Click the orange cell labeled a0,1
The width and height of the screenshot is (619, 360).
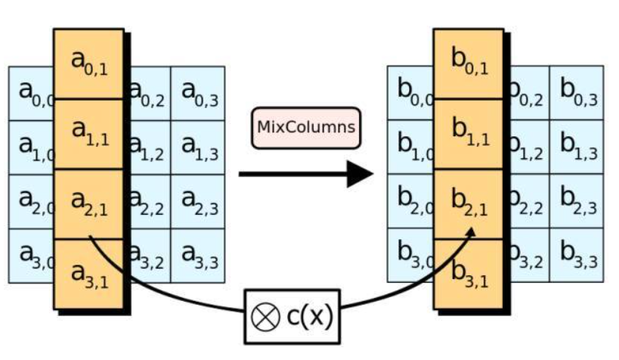[x=89, y=64]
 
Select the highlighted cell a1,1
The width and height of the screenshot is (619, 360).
[x=89, y=134]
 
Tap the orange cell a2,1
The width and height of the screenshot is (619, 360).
[x=89, y=204]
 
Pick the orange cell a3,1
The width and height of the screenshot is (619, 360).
[x=89, y=274]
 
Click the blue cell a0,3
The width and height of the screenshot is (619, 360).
[x=198, y=93]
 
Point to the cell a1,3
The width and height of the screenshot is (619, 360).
[x=198, y=147]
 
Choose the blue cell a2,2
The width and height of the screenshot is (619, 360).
[x=150, y=201]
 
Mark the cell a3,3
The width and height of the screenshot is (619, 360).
[x=198, y=256]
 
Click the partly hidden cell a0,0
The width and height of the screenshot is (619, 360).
[x=31, y=93]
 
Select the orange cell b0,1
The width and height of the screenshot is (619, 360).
[x=469, y=64]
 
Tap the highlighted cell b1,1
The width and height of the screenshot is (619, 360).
[x=469, y=134]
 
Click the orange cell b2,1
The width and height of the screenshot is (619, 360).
[x=469, y=204]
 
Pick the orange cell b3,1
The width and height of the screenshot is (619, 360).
[x=469, y=274]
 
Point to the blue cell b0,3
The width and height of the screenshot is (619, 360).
[x=577, y=93]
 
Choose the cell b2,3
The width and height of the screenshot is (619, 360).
[x=577, y=201]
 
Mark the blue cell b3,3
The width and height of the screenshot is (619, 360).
[x=577, y=255]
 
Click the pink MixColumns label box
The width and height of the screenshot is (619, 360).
[x=306, y=128]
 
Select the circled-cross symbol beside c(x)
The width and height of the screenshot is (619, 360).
[x=266, y=317]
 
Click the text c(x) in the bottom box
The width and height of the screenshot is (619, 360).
[x=310, y=316]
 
